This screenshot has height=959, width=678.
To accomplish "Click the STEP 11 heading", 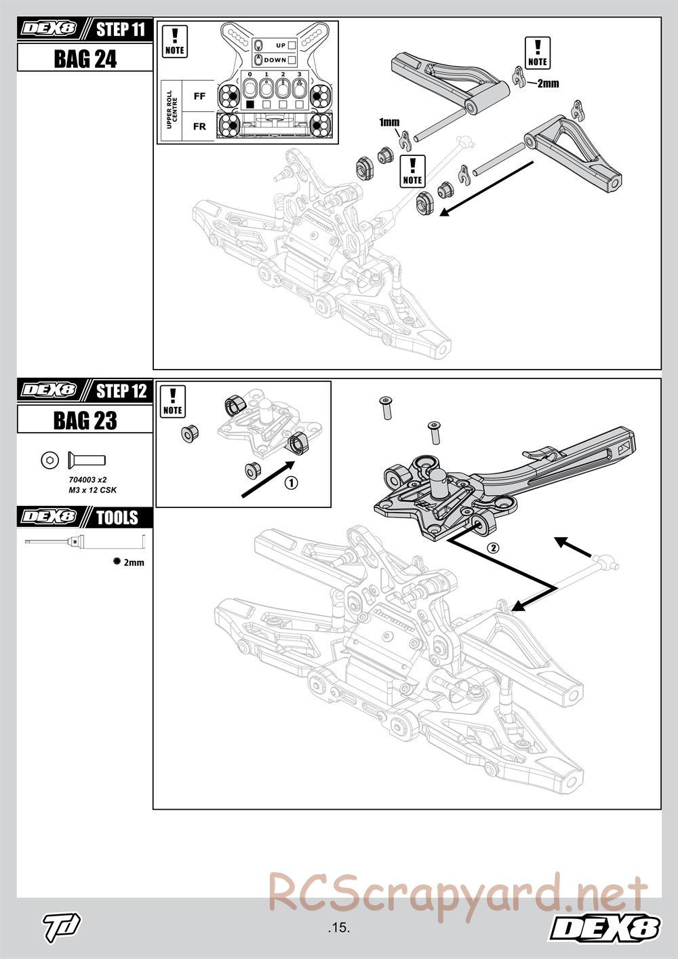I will [x=120, y=30].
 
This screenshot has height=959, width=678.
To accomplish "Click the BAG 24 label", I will [x=85, y=59].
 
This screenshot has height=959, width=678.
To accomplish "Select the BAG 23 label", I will [x=85, y=420].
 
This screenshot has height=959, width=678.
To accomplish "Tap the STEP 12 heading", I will [x=121, y=391].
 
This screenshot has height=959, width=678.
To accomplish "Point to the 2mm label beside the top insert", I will [x=547, y=83].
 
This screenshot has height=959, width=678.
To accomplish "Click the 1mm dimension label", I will [x=389, y=122].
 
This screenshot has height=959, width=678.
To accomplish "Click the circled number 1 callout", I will [x=290, y=483].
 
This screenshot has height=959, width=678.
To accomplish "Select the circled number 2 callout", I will [x=494, y=548].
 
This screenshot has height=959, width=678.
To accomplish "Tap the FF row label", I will [x=199, y=96].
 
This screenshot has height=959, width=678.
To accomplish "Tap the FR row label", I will [x=199, y=126].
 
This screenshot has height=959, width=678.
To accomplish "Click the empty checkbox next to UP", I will [x=292, y=45].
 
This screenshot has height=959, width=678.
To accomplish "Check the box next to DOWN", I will [x=292, y=60].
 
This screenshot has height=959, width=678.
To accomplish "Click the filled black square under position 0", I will [x=250, y=104].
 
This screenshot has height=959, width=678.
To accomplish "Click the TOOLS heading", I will [x=117, y=518].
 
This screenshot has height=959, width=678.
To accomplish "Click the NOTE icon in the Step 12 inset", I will [x=173, y=402].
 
